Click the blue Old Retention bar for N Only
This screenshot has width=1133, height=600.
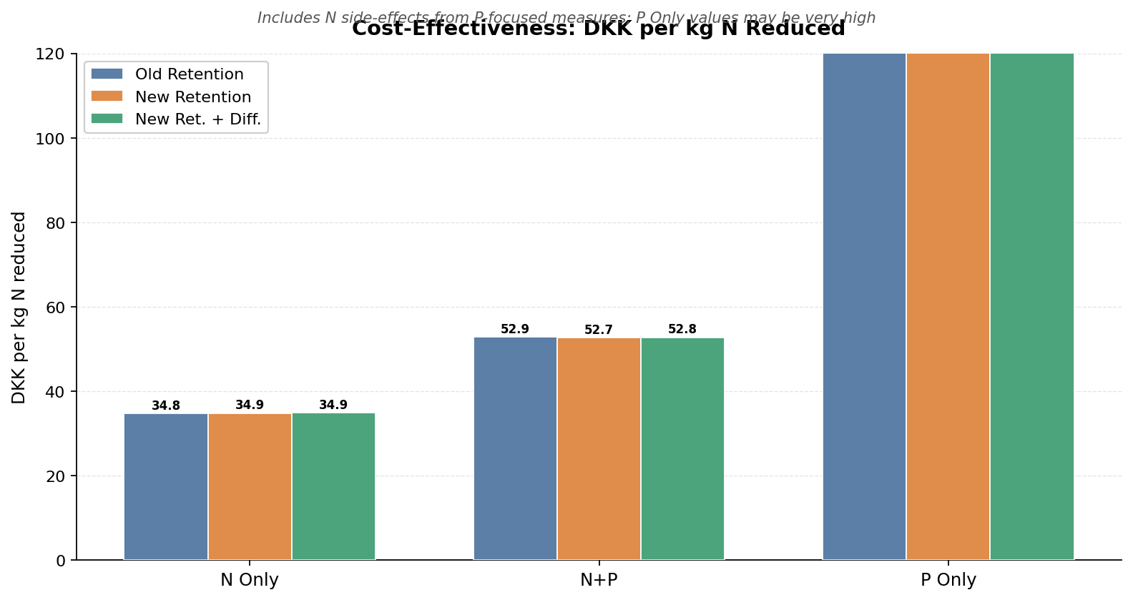[166, 486]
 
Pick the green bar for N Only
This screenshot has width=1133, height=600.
[333, 486]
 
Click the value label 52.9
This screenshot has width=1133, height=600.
[515, 330]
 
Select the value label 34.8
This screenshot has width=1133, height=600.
[166, 406]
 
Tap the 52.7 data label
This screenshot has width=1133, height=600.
[599, 330]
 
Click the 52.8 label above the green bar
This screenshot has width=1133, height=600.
[682, 330]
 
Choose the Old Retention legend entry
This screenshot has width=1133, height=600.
[189, 74]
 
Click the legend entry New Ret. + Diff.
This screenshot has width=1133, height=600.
[197, 119]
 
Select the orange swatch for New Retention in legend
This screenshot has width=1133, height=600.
[107, 97]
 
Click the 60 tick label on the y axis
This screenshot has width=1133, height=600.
[56, 308]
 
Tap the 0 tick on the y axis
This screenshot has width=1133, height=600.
[61, 561]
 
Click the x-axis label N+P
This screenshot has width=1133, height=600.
[599, 580]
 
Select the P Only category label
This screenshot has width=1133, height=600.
[948, 580]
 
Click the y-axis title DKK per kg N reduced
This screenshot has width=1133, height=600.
[19, 308]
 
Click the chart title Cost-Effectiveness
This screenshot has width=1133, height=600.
[598, 29]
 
